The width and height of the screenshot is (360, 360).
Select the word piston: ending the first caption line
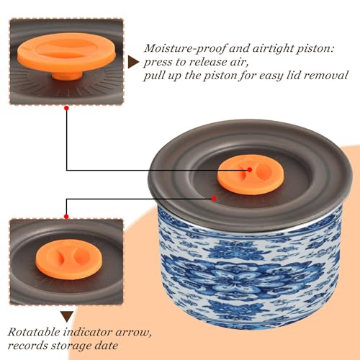click(315, 49)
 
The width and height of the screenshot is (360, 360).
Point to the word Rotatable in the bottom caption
click(34, 333)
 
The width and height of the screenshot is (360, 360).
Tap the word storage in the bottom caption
click(71, 346)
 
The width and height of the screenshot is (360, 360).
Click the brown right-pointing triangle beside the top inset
click(132, 62)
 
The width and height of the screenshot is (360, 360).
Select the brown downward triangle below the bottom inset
click(67, 316)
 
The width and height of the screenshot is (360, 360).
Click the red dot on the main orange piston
click(250, 170)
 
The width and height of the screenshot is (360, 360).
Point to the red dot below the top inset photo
click(67, 108)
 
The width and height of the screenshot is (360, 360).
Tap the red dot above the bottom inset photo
click(66, 217)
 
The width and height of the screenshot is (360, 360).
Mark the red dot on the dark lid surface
click(214, 199)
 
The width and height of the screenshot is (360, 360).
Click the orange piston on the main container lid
click(251, 175)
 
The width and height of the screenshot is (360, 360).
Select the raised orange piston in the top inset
click(66, 54)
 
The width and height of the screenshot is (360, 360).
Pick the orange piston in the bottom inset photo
click(69, 259)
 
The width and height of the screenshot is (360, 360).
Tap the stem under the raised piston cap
click(67, 75)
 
